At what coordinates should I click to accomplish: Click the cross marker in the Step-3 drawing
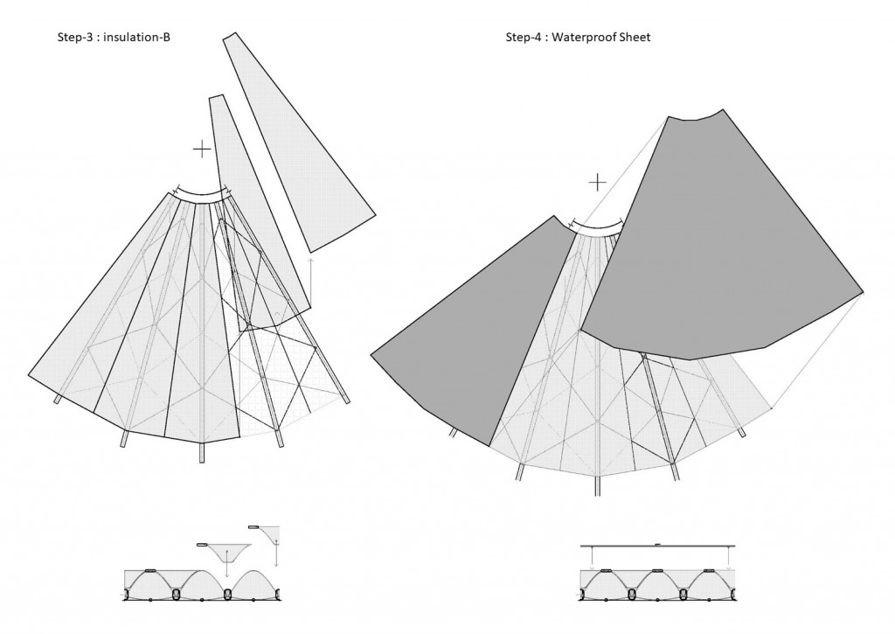pyautogui.click(x=202, y=149)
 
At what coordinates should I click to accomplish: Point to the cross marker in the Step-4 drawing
pyautogui.click(x=597, y=182)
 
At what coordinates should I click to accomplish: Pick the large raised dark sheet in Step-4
pyautogui.click(x=717, y=245)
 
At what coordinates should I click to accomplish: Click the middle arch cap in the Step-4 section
pyautogui.click(x=657, y=570)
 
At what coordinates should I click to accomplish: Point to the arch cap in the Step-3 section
pyautogui.click(x=149, y=570)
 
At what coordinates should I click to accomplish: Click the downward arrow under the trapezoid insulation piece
pyautogui.click(x=226, y=568)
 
